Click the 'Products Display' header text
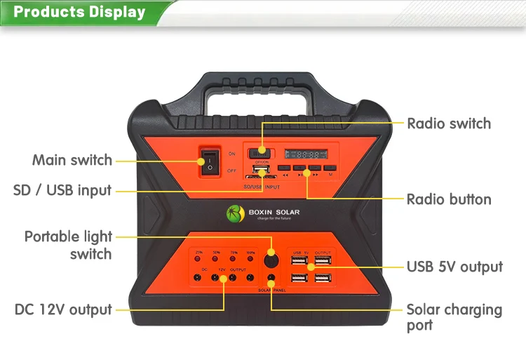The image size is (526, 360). [79, 13]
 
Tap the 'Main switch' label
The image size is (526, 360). [72, 161]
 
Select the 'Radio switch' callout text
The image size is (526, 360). [449, 124]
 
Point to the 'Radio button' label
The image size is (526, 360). [449, 200]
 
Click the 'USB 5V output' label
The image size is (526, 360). [454, 267]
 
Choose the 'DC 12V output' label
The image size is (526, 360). [63, 309]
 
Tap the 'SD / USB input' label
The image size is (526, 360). [62, 191]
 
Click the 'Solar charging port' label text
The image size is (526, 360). [454, 317]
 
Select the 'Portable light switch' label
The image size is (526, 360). [68, 245]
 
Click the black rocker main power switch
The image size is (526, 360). [209, 160]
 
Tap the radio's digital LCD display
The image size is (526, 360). [306, 152]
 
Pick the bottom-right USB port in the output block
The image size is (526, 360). [322, 278]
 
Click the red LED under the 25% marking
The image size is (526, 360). [199, 260]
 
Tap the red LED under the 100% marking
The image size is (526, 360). [250, 260]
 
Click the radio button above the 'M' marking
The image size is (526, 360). [330, 168]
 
